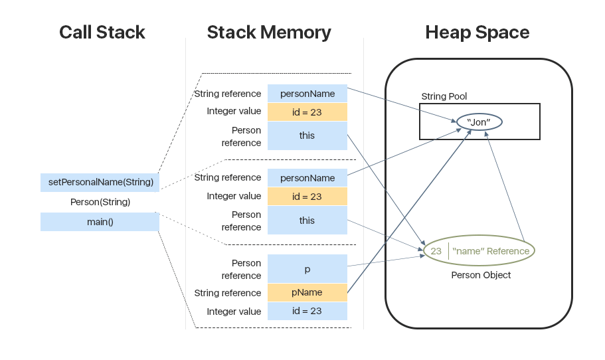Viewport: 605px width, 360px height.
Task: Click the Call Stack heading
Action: pyautogui.click(x=102, y=33)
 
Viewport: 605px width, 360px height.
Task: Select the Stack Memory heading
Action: pyautogui.click(x=268, y=33)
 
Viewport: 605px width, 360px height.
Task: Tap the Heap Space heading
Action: pyautogui.click(x=477, y=33)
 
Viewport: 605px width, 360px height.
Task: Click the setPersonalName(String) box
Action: pyautogui.click(x=100, y=182)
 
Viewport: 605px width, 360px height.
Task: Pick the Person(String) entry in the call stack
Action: pyautogui.click(x=100, y=202)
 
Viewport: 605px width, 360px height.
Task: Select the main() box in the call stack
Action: pyautogui.click(x=100, y=222)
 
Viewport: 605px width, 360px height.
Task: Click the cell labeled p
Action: pyautogui.click(x=307, y=269)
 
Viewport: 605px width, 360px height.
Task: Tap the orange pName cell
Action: pyautogui.click(x=307, y=292)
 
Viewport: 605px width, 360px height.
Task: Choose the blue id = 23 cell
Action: pyautogui.click(x=307, y=311)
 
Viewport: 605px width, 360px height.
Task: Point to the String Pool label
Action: pyautogui.click(x=444, y=96)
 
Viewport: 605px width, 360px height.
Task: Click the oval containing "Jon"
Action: pyautogui.click(x=478, y=122)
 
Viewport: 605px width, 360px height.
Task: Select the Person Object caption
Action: pyautogui.click(x=481, y=275)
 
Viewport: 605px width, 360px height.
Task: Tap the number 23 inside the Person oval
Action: pyautogui.click(x=436, y=251)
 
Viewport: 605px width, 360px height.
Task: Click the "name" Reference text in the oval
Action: pyautogui.click(x=491, y=251)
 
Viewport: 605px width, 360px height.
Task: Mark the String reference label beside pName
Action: pyautogui.click(x=227, y=293)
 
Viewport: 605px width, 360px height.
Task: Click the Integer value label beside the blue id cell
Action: pyautogui.click(x=234, y=312)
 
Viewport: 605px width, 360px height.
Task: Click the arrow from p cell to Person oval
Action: pyautogui.click(x=385, y=261)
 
